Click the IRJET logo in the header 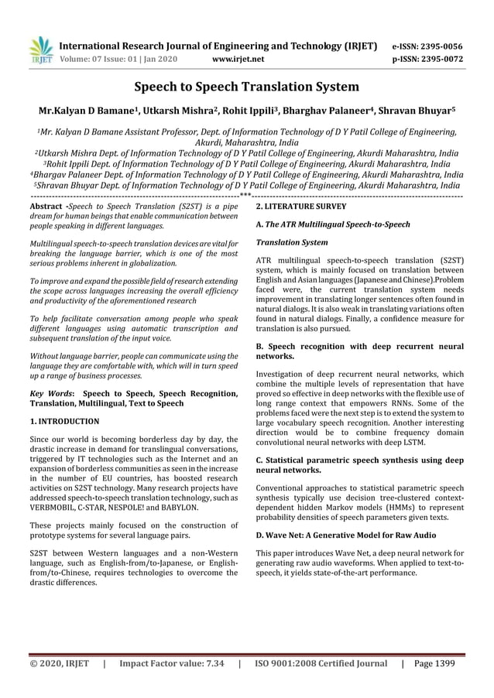coord(39,50)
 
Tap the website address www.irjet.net coord(238,58)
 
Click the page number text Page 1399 coord(434,663)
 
